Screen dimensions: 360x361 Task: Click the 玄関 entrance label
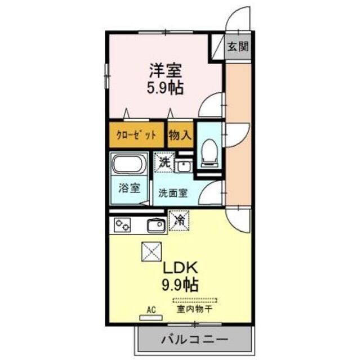click(237, 47)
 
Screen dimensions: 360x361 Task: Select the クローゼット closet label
click(136, 135)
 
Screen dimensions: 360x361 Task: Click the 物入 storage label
click(180, 135)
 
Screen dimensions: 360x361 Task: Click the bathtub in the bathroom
click(129, 165)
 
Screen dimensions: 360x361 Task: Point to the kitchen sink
click(155, 226)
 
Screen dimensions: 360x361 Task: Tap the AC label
click(150, 310)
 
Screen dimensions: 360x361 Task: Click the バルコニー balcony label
click(194, 340)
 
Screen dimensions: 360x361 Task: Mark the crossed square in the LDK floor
click(151, 251)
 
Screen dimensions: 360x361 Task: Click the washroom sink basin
click(183, 166)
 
